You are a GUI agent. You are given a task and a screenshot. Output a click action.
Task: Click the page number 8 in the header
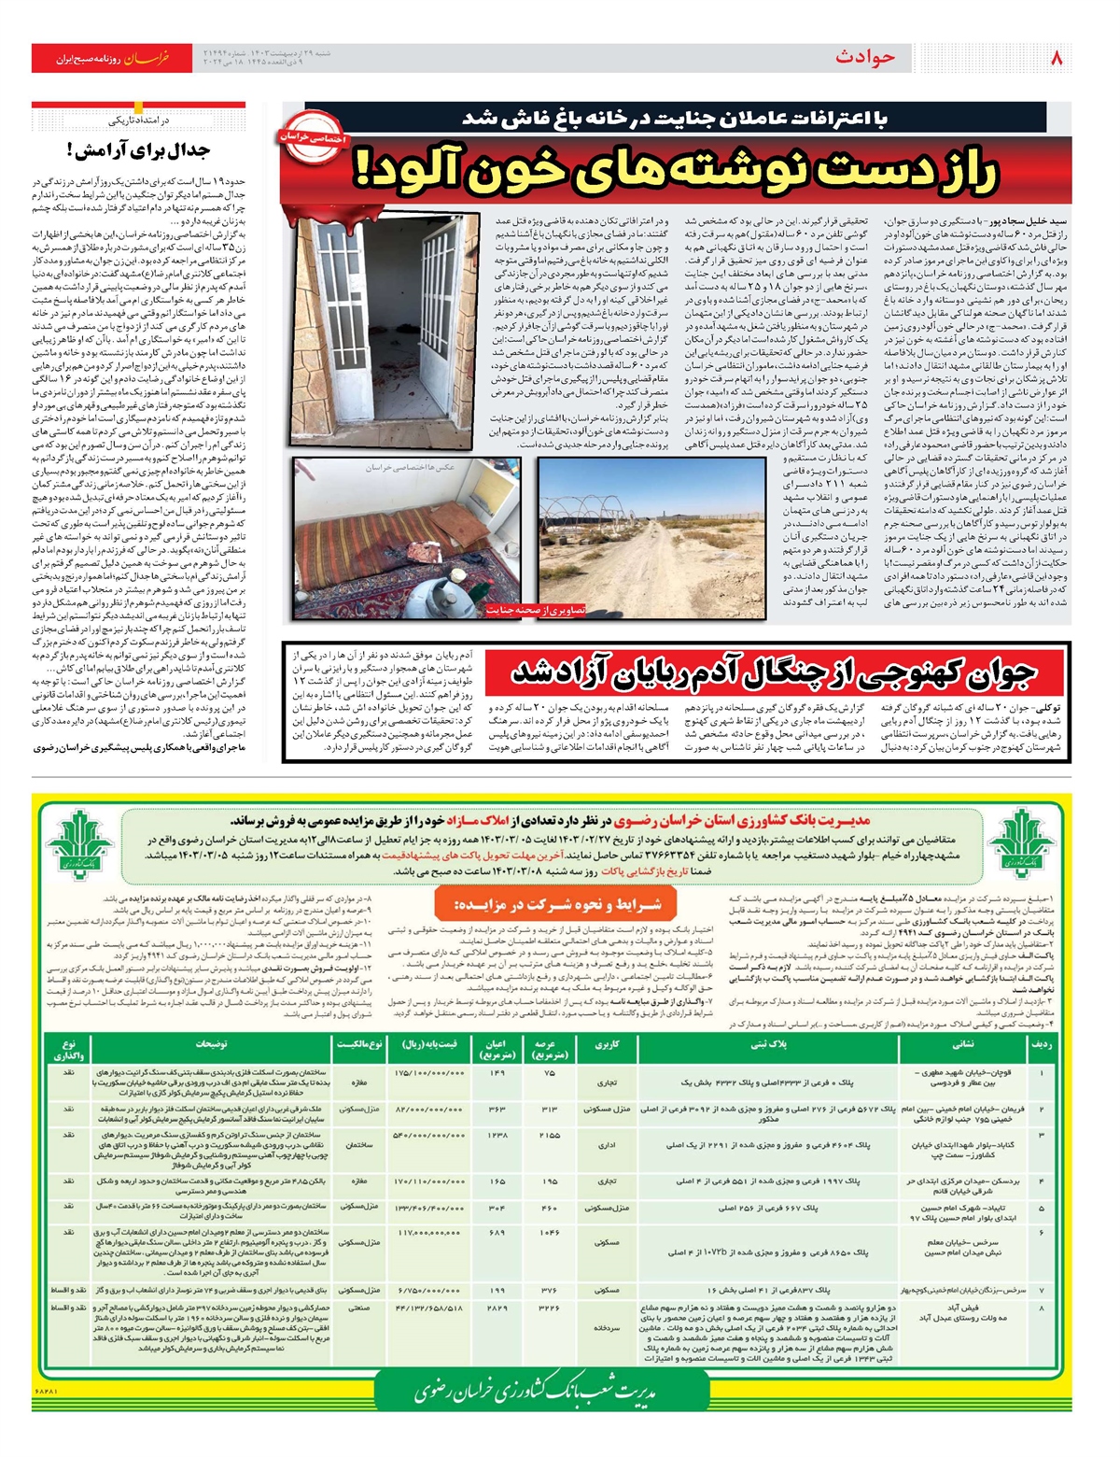coord(1057,57)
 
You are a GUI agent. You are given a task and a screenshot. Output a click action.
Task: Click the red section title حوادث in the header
coord(865,58)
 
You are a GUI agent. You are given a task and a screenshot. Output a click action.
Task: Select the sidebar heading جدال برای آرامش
coord(138,149)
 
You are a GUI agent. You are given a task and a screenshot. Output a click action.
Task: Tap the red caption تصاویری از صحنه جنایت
coord(536,610)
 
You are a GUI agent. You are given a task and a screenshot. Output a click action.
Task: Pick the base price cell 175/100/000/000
coord(430,1073)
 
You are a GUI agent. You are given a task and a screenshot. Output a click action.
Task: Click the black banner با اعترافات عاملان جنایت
coord(677,119)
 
